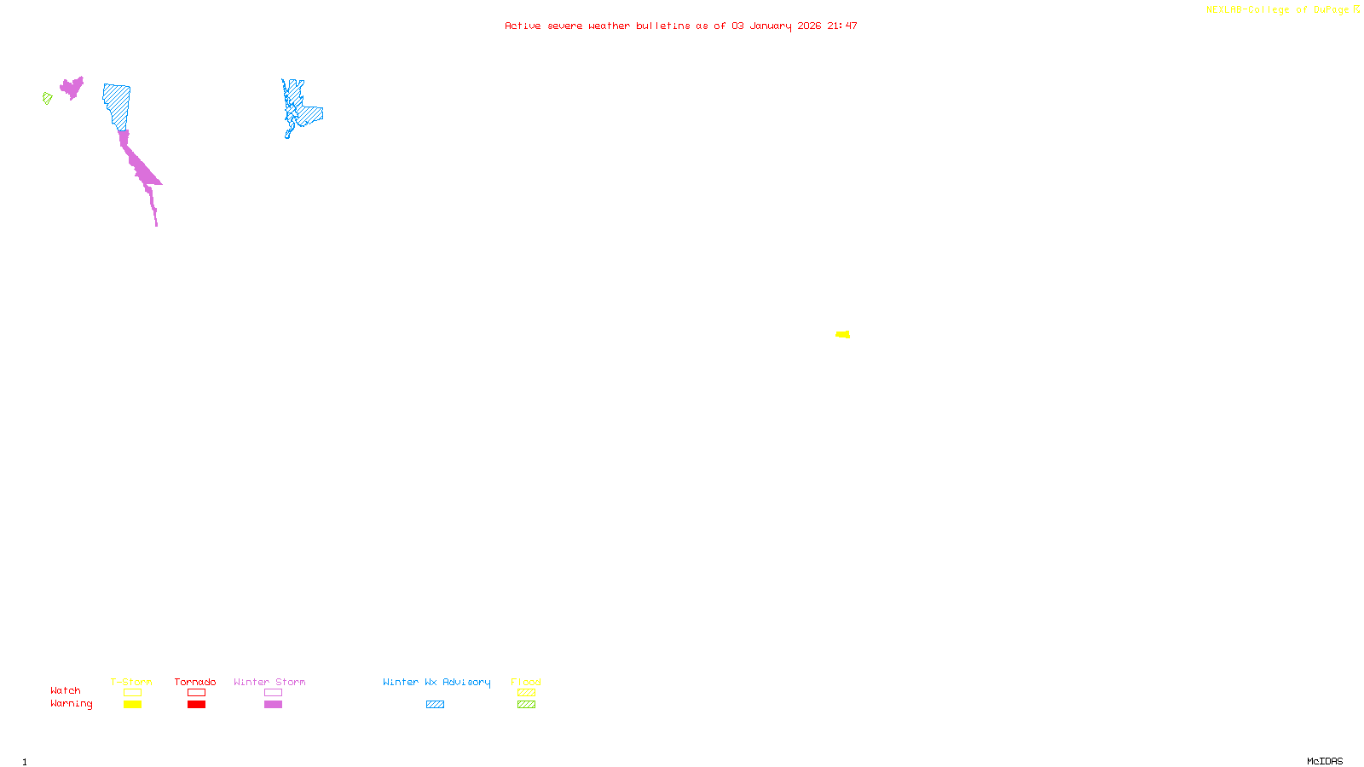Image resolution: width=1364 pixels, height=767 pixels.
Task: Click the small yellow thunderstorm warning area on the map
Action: [x=842, y=334]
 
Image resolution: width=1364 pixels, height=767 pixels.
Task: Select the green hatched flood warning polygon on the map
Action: [x=48, y=98]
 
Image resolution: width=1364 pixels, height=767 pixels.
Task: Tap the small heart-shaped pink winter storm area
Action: [x=72, y=87]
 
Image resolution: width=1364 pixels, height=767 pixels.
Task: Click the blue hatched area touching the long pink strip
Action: [x=118, y=105]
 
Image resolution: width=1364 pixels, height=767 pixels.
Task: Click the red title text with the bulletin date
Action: [x=680, y=26]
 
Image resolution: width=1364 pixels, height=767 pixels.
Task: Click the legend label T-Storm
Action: [x=131, y=682]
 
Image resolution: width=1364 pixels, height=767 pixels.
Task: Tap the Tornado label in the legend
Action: [x=195, y=682]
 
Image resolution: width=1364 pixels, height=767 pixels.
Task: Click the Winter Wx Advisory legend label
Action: [x=436, y=682]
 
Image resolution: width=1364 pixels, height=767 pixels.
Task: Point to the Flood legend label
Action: [x=526, y=682]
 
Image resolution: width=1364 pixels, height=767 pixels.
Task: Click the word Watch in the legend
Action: [x=66, y=690]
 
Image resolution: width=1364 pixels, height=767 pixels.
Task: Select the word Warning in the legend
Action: [x=71, y=704]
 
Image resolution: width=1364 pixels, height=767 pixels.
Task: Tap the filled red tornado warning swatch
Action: [x=196, y=704]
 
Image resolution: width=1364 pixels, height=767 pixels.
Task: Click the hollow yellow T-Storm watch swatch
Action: [x=132, y=693]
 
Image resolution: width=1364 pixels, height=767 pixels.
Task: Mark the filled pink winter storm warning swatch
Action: [x=273, y=704]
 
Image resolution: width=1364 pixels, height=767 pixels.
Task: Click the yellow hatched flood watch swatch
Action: [x=526, y=693]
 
